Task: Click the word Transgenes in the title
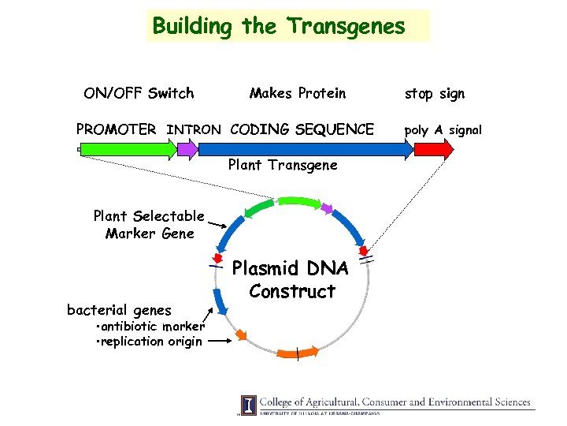[346, 26]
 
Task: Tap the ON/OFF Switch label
[139, 94]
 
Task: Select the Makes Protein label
[298, 94]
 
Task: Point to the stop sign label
[435, 94]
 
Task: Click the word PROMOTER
[116, 129]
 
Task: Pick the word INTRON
[195, 129]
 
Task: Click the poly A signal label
[443, 129]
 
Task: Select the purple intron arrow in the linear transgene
[187, 148]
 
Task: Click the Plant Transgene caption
[282, 166]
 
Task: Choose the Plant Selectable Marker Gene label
[149, 224]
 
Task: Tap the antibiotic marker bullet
[150, 327]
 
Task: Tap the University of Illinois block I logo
[249, 404]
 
